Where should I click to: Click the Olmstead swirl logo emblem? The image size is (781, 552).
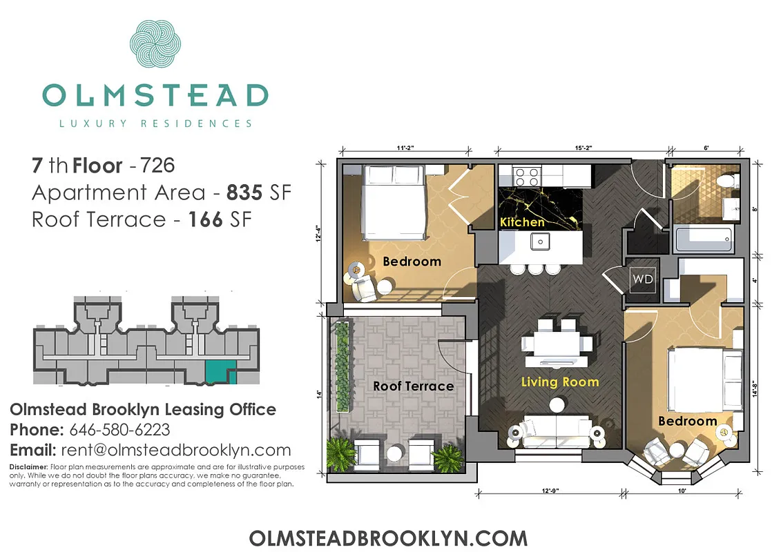point(155,47)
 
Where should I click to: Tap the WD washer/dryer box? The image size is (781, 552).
point(642,279)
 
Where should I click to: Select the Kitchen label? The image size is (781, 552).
point(522,222)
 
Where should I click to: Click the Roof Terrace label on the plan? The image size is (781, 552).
point(413,386)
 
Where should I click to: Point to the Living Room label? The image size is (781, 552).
point(559,382)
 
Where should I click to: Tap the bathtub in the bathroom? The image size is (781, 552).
point(704,239)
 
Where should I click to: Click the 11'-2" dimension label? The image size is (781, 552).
point(405,148)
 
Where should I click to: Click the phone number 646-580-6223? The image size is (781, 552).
point(119,430)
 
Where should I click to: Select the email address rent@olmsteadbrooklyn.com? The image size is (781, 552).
point(176,451)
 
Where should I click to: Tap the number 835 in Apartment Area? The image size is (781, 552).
point(244,193)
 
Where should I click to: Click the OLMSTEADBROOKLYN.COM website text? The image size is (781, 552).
point(388,538)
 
